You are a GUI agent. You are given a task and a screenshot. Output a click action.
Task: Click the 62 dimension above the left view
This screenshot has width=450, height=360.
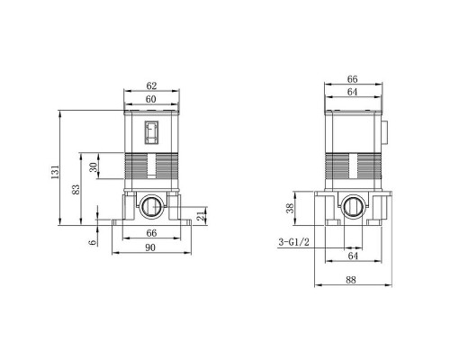pos(151,85)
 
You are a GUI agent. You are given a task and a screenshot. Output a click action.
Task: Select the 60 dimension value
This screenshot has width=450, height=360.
pos(151,99)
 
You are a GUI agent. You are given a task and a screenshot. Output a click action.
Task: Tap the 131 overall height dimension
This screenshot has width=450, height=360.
pos(55,172)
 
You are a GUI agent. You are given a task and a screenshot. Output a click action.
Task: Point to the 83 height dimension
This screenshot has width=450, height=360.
pos(76,189)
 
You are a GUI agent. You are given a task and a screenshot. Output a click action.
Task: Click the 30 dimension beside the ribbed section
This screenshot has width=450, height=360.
pos(94,167)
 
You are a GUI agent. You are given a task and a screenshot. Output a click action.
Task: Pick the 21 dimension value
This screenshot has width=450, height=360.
pos(201,215)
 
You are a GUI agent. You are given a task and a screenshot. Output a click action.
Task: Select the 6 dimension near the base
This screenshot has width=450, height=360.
pos(94,242)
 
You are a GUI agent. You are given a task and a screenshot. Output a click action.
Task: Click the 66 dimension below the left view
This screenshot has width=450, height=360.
pos(151,233)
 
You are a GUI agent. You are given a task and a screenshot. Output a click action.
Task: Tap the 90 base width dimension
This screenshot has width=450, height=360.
pos(150,247)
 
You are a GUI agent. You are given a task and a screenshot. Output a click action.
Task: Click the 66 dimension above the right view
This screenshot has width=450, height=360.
pos(353,79)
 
